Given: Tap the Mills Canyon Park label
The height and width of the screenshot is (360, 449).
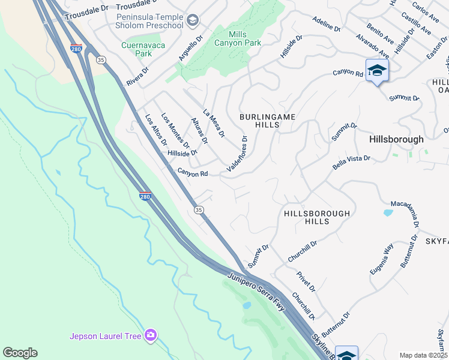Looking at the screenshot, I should (x=238, y=39).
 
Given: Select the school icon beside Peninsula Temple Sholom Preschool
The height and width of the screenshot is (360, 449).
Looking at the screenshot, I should (x=193, y=22).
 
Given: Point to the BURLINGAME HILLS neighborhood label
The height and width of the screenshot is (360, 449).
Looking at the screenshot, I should (x=267, y=121).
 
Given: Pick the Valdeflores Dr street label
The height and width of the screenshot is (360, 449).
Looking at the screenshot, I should (x=237, y=154).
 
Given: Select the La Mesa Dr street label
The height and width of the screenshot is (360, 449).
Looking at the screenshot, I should (x=214, y=122).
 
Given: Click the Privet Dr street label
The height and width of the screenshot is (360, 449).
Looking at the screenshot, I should (x=306, y=281).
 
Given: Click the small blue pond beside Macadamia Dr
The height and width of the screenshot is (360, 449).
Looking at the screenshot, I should (x=388, y=212).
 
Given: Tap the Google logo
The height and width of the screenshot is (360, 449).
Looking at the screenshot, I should (x=20, y=353).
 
